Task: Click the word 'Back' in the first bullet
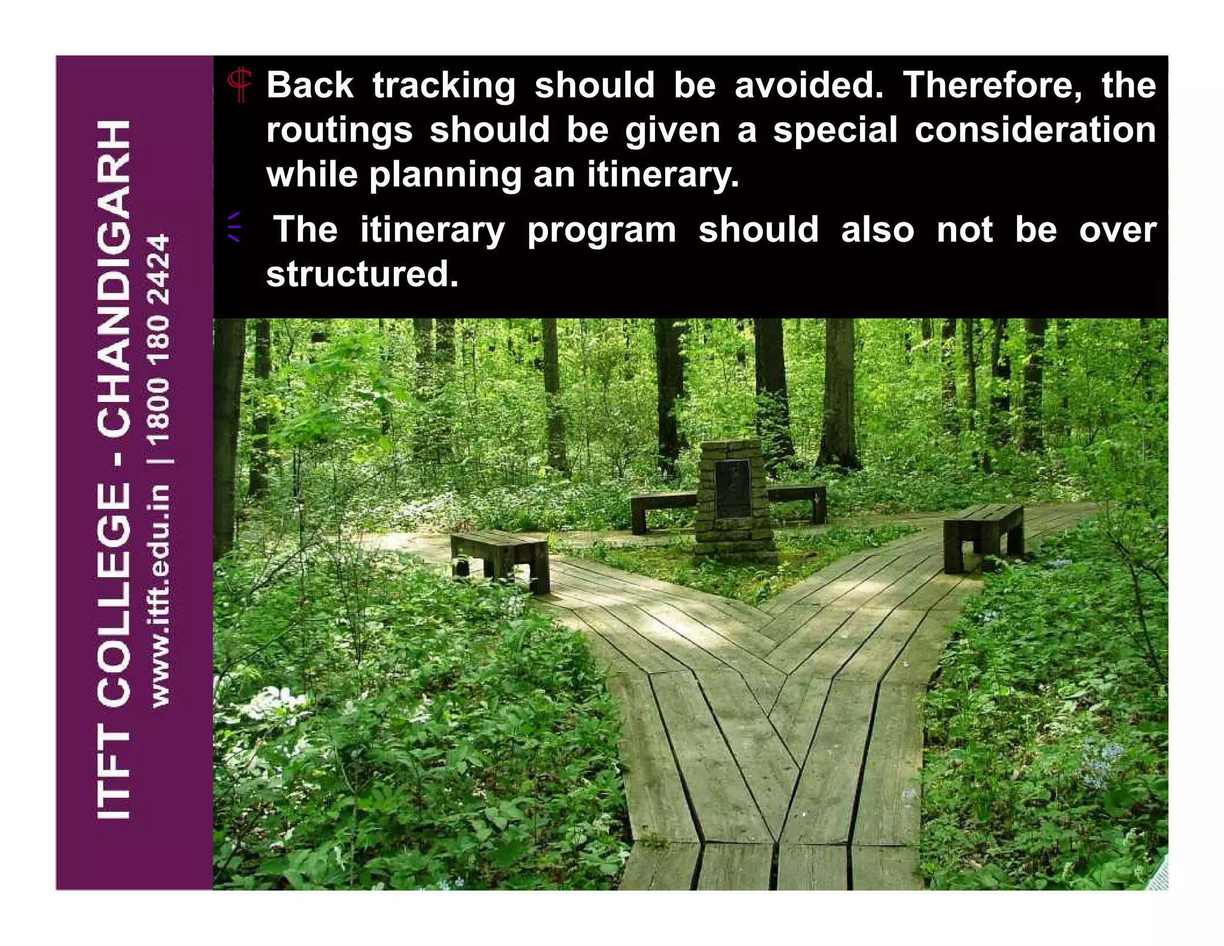click(x=310, y=85)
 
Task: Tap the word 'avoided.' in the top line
click(x=808, y=85)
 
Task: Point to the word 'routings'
click(x=339, y=130)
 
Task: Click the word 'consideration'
click(x=1035, y=130)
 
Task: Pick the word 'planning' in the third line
click(x=445, y=175)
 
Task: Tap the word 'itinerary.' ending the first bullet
click(x=663, y=175)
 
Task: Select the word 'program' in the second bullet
click(x=601, y=230)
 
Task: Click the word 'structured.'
click(x=362, y=274)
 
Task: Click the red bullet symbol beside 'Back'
click(x=240, y=85)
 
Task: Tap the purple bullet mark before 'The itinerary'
click(x=234, y=227)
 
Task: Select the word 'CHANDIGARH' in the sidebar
click(x=113, y=277)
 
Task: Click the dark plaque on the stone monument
click(x=732, y=488)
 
